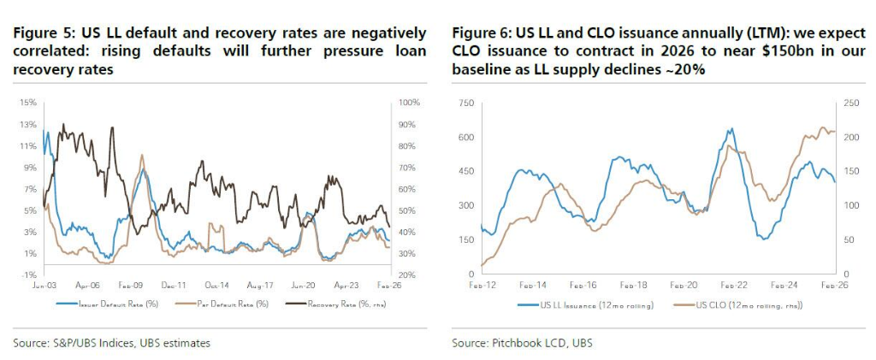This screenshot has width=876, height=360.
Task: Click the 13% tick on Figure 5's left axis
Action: click(27, 124)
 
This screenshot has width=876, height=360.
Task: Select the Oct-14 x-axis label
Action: click(216, 285)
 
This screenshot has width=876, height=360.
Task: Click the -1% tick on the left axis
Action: click(27, 275)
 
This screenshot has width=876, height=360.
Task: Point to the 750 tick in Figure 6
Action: click(465, 103)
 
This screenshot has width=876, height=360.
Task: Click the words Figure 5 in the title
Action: click(44, 33)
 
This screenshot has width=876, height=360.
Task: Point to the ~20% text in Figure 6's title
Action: click(684, 70)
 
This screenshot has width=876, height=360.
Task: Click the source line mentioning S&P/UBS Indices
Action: click(111, 343)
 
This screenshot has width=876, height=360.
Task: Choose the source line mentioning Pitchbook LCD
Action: click(522, 343)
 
